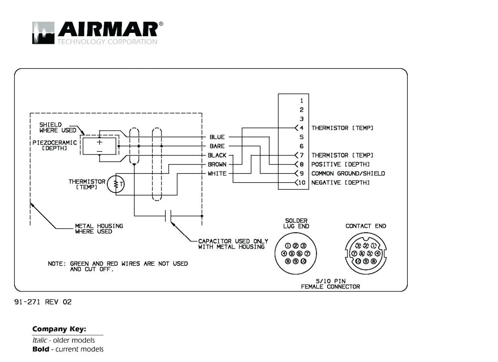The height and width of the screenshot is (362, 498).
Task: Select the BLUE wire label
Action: [217, 137]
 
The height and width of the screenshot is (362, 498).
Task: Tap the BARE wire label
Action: [217, 146]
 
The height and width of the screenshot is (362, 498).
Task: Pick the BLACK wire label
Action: [217, 155]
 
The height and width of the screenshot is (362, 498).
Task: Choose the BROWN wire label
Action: [217, 165]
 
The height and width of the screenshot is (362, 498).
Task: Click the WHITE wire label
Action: [217, 174]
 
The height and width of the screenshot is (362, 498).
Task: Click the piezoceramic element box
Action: [99, 145]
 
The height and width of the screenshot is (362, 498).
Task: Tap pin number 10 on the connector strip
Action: [302, 183]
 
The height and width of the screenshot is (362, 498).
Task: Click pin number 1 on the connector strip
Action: [302, 101]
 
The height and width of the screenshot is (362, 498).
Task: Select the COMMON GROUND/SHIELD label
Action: [348, 174]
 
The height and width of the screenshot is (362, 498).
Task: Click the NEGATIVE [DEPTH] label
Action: [340, 183]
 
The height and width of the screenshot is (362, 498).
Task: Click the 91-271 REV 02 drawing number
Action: [43, 302]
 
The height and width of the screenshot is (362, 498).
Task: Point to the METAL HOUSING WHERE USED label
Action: [99, 228]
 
